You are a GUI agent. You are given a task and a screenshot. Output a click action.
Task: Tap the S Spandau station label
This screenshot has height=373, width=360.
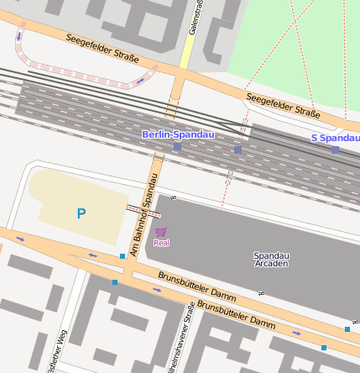tap(335, 138)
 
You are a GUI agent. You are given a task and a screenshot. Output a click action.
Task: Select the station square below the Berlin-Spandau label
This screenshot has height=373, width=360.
tap(177, 147)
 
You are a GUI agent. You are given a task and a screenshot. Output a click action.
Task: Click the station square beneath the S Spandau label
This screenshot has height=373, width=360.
tap(335, 150)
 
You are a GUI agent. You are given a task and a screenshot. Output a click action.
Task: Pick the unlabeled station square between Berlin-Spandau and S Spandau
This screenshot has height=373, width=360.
tap(237, 150)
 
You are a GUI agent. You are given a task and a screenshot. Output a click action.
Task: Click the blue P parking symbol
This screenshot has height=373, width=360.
tap(81, 214)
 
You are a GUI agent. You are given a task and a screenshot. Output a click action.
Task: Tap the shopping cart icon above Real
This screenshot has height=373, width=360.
tap(160, 232)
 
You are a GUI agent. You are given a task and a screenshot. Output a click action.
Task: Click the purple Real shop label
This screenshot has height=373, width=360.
tap(161, 243)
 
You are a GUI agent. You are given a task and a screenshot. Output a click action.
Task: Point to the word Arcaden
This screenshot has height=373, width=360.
tap(271, 264)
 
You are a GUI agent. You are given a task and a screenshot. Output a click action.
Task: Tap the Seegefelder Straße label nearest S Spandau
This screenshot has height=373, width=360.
tap(284, 107)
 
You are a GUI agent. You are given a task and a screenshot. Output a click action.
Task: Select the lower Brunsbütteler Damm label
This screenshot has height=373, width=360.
tap(236, 316)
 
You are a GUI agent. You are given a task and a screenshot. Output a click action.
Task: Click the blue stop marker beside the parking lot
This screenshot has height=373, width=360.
tap(123, 255)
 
